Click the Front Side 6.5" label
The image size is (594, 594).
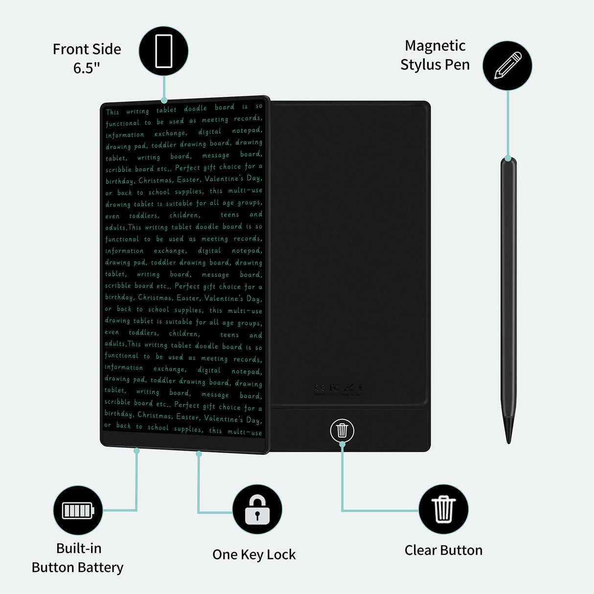87,58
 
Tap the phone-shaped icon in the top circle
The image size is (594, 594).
163,51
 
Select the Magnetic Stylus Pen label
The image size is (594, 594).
434,55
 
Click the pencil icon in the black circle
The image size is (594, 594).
507,66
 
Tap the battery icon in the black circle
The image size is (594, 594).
78,510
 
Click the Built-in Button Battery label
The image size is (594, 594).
78,558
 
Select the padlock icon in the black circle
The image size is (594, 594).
257,509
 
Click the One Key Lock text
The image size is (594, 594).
254,554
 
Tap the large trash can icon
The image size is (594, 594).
443,509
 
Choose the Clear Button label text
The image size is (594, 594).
443,550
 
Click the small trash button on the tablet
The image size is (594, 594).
342,431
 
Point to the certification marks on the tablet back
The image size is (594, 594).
339,389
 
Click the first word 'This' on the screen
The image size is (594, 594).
113,112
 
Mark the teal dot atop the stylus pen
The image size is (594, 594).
508,159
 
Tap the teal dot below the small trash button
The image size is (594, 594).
342,444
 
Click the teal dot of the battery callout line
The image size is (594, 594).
137,451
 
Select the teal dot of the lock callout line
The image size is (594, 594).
199,454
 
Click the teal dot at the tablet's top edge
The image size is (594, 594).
164,101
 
